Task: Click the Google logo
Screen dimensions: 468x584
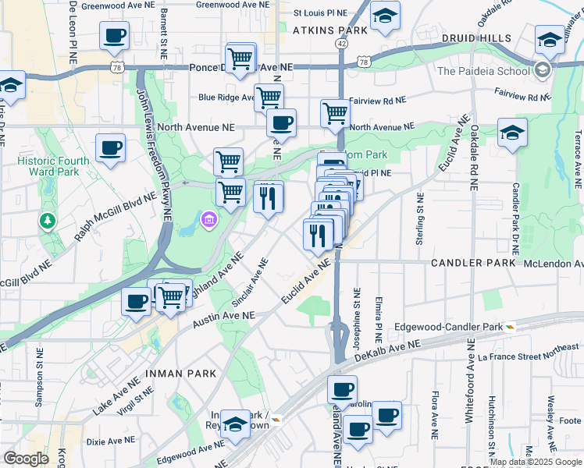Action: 27,459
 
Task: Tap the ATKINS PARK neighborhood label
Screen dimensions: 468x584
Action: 329,30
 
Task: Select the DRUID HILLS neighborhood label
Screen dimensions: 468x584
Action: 475,38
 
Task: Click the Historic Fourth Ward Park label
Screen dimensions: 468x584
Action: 47,168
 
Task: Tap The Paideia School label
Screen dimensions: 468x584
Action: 483,71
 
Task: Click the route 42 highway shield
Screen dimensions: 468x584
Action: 342,44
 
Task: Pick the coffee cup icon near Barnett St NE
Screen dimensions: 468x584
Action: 115,36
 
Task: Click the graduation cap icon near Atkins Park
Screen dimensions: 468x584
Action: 385,16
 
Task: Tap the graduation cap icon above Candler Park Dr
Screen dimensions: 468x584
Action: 512,133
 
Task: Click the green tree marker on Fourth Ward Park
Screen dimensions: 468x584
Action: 48,222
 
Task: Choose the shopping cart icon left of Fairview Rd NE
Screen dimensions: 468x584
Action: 336,112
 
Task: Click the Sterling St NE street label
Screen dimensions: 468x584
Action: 419,223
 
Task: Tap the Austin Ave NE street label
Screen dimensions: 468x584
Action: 223,315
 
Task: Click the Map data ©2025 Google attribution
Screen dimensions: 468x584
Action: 536,462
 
